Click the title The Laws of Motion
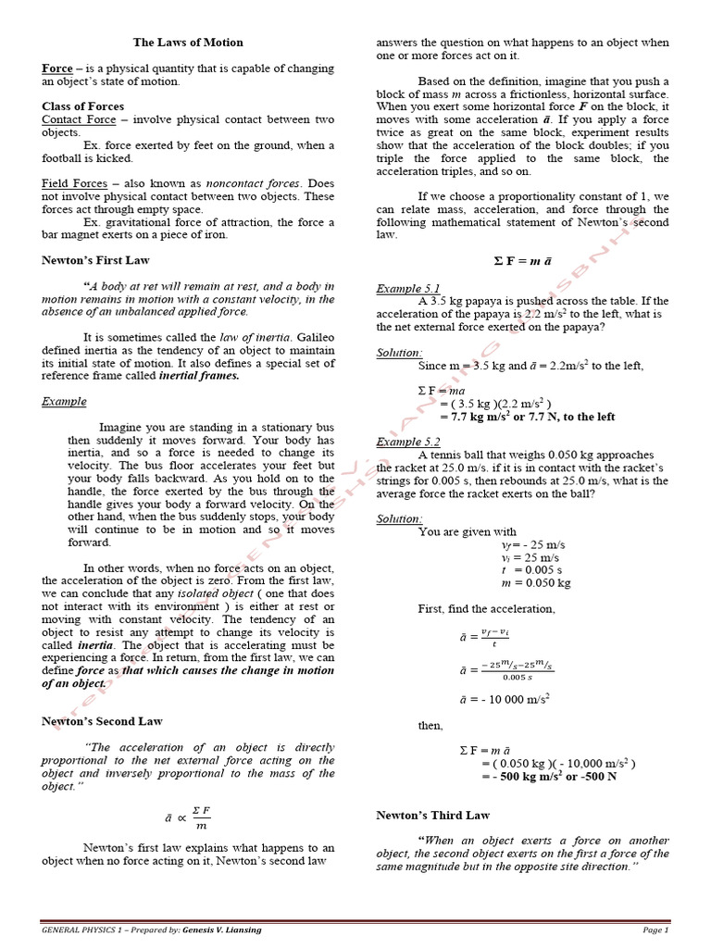(188, 43)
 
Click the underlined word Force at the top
(56, 69)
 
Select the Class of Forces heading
(82, 106)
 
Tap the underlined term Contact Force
(79, 119)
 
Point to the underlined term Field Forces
(73, 184)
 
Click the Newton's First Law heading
(95, 260)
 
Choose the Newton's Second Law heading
(102, 721)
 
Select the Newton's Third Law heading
(432, 815)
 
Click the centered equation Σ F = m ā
(523, 262)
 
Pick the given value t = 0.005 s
(532, 570)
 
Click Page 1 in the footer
(655, 929)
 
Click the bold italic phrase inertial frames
(199, 376)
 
